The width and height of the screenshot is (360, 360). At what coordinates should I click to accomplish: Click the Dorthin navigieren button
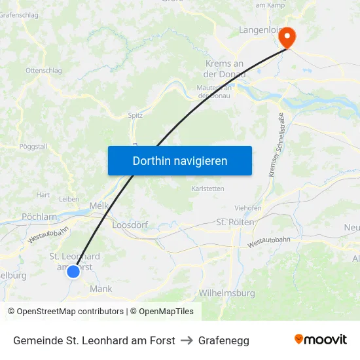click(179, 160)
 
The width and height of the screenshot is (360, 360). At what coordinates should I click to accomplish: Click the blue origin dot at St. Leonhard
click(73, 271)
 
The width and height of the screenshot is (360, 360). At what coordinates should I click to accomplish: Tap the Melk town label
click(98, 205)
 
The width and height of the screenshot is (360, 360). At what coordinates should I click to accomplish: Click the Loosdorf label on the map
click(130, 225)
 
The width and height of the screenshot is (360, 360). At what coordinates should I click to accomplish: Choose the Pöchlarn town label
click(39, 216)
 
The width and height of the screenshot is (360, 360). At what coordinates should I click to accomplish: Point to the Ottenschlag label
click(43, 70)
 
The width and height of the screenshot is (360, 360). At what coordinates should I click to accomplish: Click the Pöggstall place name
click(33, 147)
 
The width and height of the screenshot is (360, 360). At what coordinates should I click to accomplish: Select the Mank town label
click(101, 288)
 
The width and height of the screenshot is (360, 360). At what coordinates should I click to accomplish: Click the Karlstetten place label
click(207, 189)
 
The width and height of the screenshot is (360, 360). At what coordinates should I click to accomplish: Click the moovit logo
click(320, 339)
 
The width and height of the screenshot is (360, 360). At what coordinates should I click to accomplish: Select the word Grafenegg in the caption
click(224, 340)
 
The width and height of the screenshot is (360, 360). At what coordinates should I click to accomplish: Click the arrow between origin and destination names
click(187, 340)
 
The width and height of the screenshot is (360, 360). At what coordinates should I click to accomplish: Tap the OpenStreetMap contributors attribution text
click(65, 312)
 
